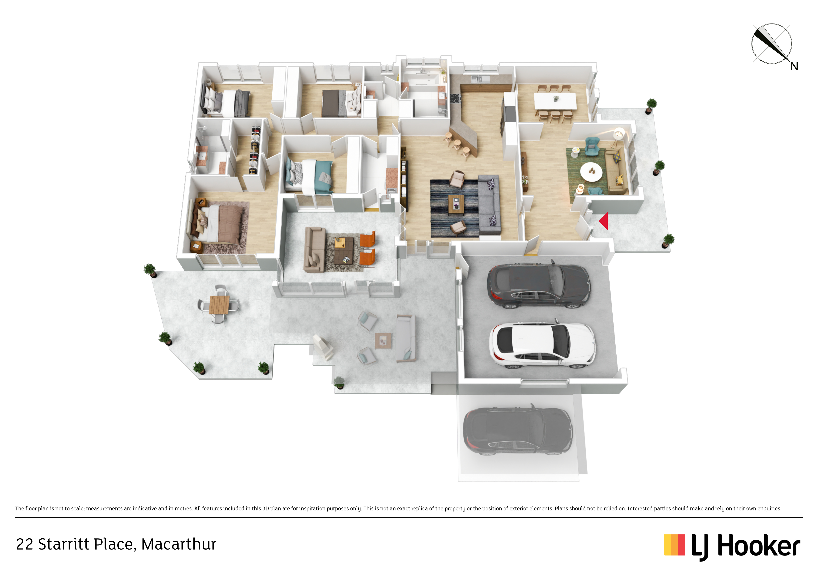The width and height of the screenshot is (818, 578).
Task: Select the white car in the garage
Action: click(541, 345)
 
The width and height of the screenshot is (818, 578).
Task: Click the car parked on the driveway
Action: click(517, 431)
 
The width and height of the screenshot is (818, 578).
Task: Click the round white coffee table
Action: click(591, 172)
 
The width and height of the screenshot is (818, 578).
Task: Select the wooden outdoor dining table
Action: click(219, 304)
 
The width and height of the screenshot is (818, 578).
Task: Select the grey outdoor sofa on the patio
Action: click(406, 338)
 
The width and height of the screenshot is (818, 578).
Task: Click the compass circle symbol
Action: click(771, 44)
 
